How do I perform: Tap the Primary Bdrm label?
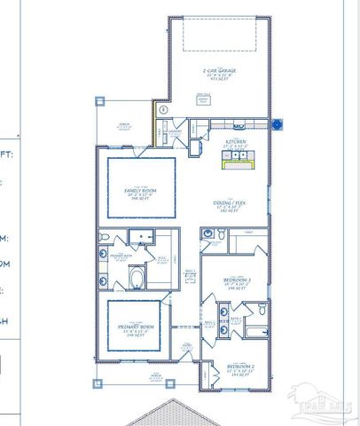coord(134,330)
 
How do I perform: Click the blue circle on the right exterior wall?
coord(277,125)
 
